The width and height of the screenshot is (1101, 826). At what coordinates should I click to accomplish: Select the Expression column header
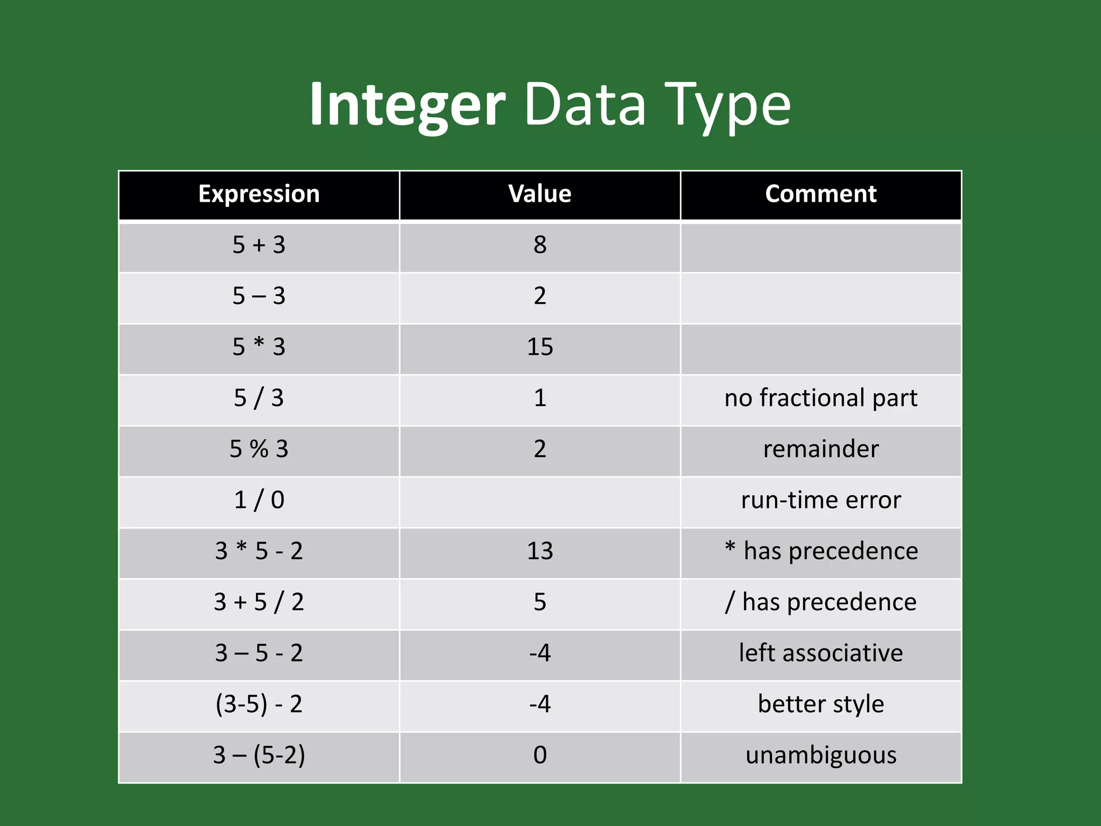pos(259,194)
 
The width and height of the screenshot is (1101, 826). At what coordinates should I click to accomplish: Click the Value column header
pos(540,194)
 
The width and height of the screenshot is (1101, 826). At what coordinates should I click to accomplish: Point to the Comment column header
pos(820,194)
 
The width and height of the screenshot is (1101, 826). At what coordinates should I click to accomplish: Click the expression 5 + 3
pos(259,245)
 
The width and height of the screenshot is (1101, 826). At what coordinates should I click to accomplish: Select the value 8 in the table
pos(540,245)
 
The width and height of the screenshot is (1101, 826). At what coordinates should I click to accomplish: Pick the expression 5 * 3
pos(259,347)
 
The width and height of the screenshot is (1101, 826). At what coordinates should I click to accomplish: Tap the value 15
pos(540,347)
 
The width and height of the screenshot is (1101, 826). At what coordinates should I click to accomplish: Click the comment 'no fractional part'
pos(820,398)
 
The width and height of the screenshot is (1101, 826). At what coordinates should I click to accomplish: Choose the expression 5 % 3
pos(259,449)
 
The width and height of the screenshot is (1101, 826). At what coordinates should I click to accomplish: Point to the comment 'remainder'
pos(820,449)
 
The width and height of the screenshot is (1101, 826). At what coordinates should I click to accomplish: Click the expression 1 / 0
pos(259,500)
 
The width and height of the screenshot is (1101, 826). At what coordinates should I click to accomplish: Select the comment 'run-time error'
pos(820,500)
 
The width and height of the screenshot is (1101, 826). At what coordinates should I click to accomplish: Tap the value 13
pos(540,551)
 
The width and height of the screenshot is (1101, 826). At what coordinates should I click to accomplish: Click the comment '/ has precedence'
pos(820,602)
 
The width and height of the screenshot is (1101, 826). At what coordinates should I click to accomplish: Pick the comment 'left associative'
pos(820,653)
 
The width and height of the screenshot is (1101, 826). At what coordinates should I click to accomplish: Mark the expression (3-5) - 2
pos(259,704)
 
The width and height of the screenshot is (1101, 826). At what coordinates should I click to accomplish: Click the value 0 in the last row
pos(540,755)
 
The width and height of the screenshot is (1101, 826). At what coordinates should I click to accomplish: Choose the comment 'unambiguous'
pos(820,755)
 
